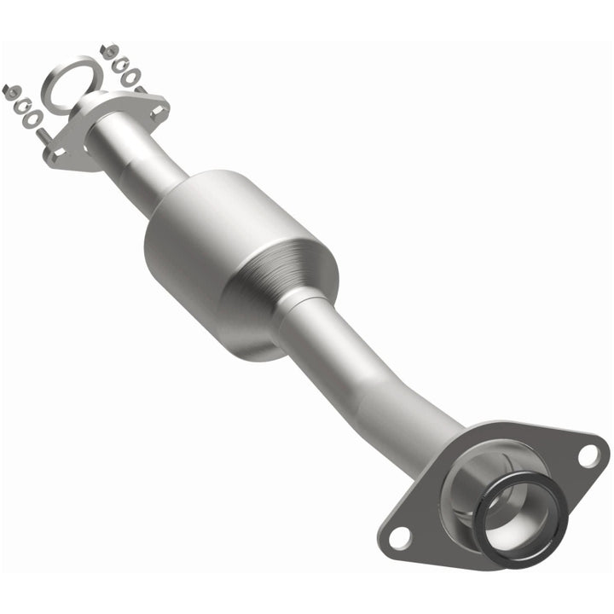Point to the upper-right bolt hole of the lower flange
point(588,455)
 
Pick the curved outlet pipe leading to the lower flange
point(375,375)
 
